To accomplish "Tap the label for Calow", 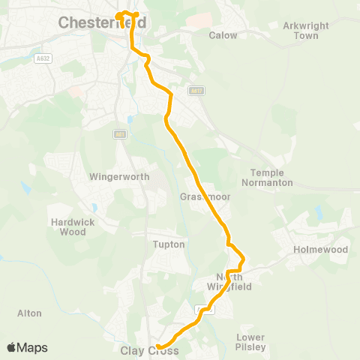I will (223, 35).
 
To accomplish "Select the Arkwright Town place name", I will (301, 30).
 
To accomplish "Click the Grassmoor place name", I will (198, 196).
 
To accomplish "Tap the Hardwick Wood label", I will (69, 226).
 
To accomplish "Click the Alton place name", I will (29, 313).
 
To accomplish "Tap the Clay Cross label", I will (149, 350).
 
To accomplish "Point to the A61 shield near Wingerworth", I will (119, 134).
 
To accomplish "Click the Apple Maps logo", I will (27, 347).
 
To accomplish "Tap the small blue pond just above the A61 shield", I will (130, 119).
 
